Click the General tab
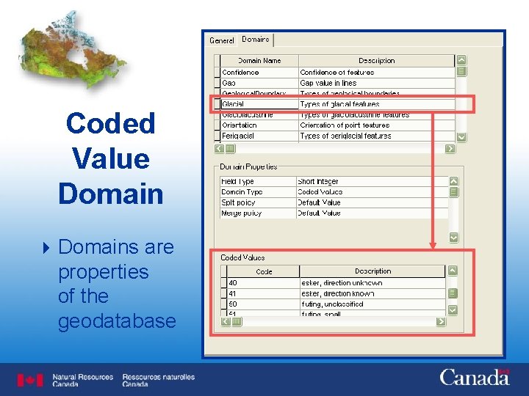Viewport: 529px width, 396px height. pos(221,40)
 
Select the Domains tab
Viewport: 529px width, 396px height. pos(256,40)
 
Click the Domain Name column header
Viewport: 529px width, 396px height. pos(259,61)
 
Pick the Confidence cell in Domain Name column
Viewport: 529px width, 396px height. pos(240,73)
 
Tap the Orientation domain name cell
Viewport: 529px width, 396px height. pos(240,125)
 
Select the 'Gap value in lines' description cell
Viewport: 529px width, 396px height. pos(330,83)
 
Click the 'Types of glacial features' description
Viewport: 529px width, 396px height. pos(339,104)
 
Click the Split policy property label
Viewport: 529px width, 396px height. pos(238,202)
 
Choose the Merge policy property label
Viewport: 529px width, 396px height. pos(241,213)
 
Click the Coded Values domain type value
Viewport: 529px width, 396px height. pos(320,192)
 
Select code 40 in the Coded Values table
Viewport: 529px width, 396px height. pos(233,283)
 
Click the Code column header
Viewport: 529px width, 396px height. pos(264,271)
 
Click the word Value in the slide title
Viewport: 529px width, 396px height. pos(110,158)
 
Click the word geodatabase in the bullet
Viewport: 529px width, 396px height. pos(117,321)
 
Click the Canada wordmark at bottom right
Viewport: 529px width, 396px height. pos(474,378)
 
